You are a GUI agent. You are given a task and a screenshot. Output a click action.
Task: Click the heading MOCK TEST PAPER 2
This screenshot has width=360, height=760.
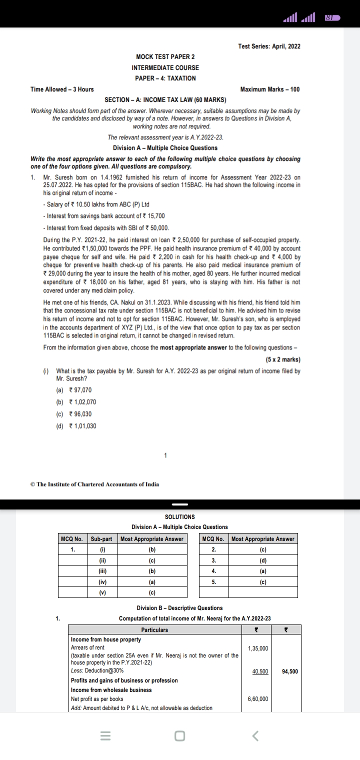(165, 57)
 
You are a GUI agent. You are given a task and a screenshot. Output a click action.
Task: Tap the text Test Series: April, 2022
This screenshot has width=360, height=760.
(269, 46)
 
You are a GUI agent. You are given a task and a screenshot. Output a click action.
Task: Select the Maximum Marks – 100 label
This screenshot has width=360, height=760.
(270, 89)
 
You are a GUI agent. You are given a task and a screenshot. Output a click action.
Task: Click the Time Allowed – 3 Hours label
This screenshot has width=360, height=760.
(62, 89)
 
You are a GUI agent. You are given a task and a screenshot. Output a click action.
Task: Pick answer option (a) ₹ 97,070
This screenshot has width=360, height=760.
(74, 390)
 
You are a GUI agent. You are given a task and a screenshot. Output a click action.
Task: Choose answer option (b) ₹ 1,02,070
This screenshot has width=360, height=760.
(76, 402)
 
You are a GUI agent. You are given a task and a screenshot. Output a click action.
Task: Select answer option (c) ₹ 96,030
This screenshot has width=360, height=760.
(74, 414)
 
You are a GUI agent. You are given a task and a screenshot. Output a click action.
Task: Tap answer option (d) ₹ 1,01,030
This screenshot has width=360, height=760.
(76, 426)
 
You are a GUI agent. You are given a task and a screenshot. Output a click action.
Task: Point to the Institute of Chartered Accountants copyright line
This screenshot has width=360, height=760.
(95, 484)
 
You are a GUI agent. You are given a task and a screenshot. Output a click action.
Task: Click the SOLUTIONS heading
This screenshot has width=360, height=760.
(179, 516)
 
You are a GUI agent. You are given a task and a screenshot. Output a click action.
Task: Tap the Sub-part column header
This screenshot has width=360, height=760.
(102, 539)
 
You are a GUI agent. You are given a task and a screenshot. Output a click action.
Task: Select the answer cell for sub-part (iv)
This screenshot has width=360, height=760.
(152, 582)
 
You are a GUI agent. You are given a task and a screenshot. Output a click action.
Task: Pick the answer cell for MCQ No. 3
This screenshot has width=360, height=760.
(263, 560)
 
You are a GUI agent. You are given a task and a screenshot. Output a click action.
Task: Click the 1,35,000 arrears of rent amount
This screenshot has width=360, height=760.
(258, 648)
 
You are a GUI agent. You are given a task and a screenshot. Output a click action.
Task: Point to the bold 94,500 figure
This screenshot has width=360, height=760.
(289, 671)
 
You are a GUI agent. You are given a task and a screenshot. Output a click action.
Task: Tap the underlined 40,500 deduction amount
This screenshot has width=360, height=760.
(258, 671)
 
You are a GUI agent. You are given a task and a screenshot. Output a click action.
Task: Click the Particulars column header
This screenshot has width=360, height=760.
(154, 630)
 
